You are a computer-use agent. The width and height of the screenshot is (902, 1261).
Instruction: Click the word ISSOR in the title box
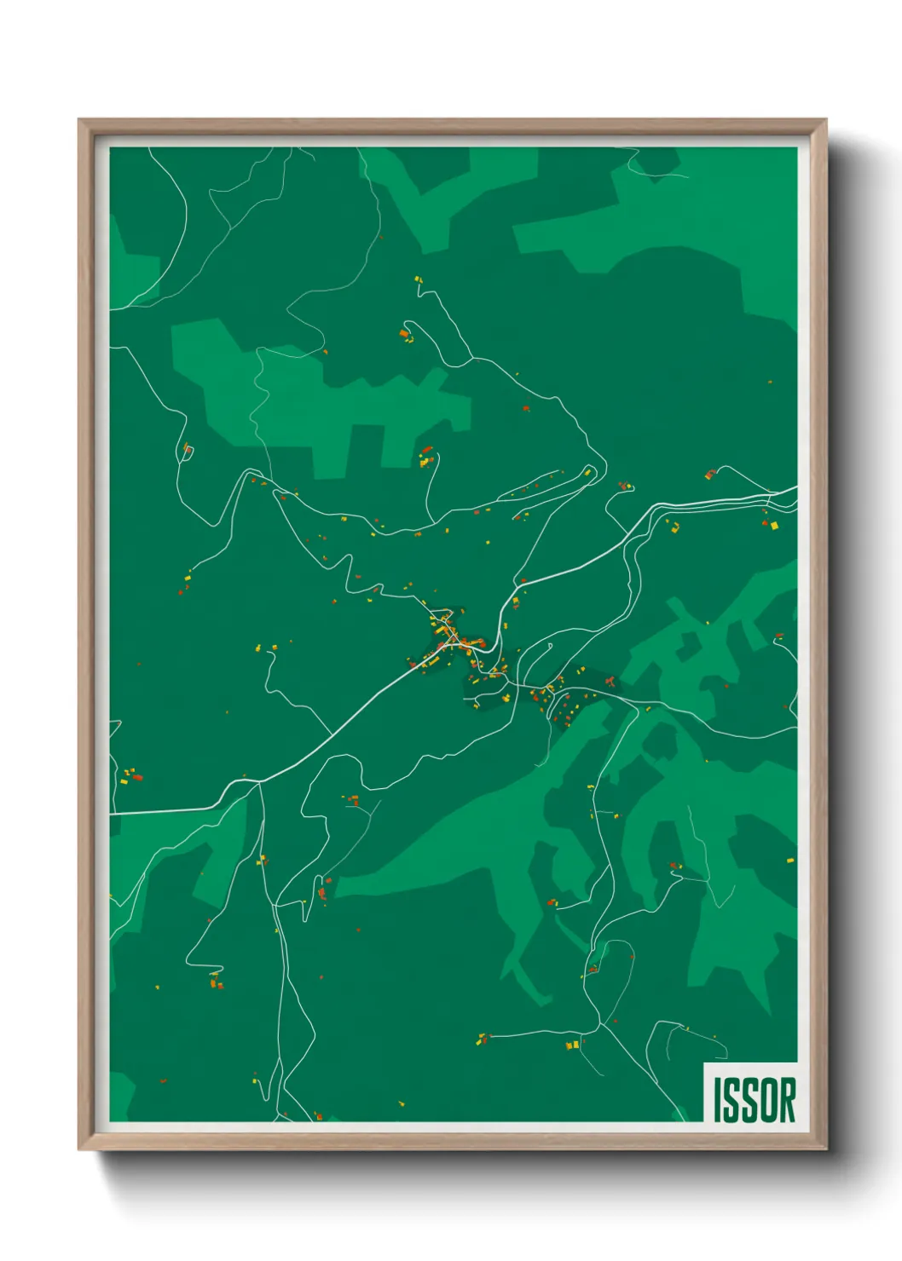pyautogui.click(x=754, y=1099)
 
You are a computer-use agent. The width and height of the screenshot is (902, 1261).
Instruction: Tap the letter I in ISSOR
pyautogui.click(x=718, y=1099)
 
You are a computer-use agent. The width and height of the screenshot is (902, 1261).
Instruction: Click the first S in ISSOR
pyautogui.click(x=731, y=1099)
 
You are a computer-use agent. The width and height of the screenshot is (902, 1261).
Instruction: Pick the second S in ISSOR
pyautogui.click(x=749, y=1099)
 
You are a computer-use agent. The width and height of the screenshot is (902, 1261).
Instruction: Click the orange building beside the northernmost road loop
pyautogui.click(x=405, y=334)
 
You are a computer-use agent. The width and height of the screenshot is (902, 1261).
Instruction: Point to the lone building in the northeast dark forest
pyautogui.click(x=770, y=383)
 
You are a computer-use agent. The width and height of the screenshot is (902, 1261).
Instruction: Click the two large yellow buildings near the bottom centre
pyautogui.click(x=572, y=1045)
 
